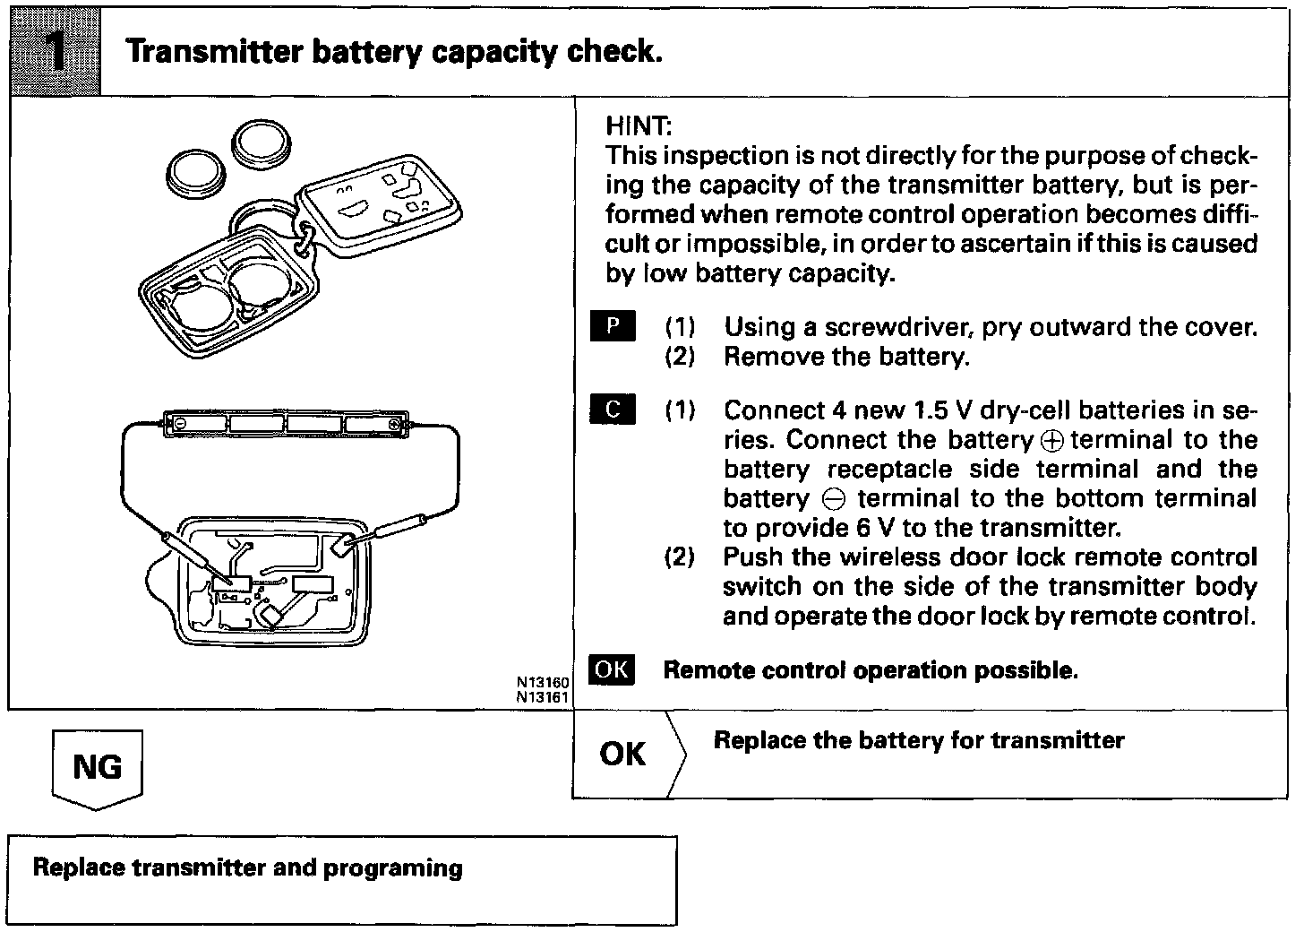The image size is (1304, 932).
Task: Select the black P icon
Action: pyautogui.click(x=613, y=326)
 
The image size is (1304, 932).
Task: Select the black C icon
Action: pyautogui.click(x=613, y=410)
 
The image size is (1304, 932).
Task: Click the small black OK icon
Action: pyautogui.click(x=613, y=670)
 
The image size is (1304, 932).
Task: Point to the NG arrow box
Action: pyautogui.click(x=97, y=767)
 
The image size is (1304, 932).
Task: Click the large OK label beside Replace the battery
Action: pyautogui.click(x=622, y=754)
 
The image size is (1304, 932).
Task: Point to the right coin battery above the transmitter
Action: pyautogui.click(x=261, y=143)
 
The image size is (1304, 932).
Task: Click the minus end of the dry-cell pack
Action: pyautogui.click(x=179, y=421)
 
